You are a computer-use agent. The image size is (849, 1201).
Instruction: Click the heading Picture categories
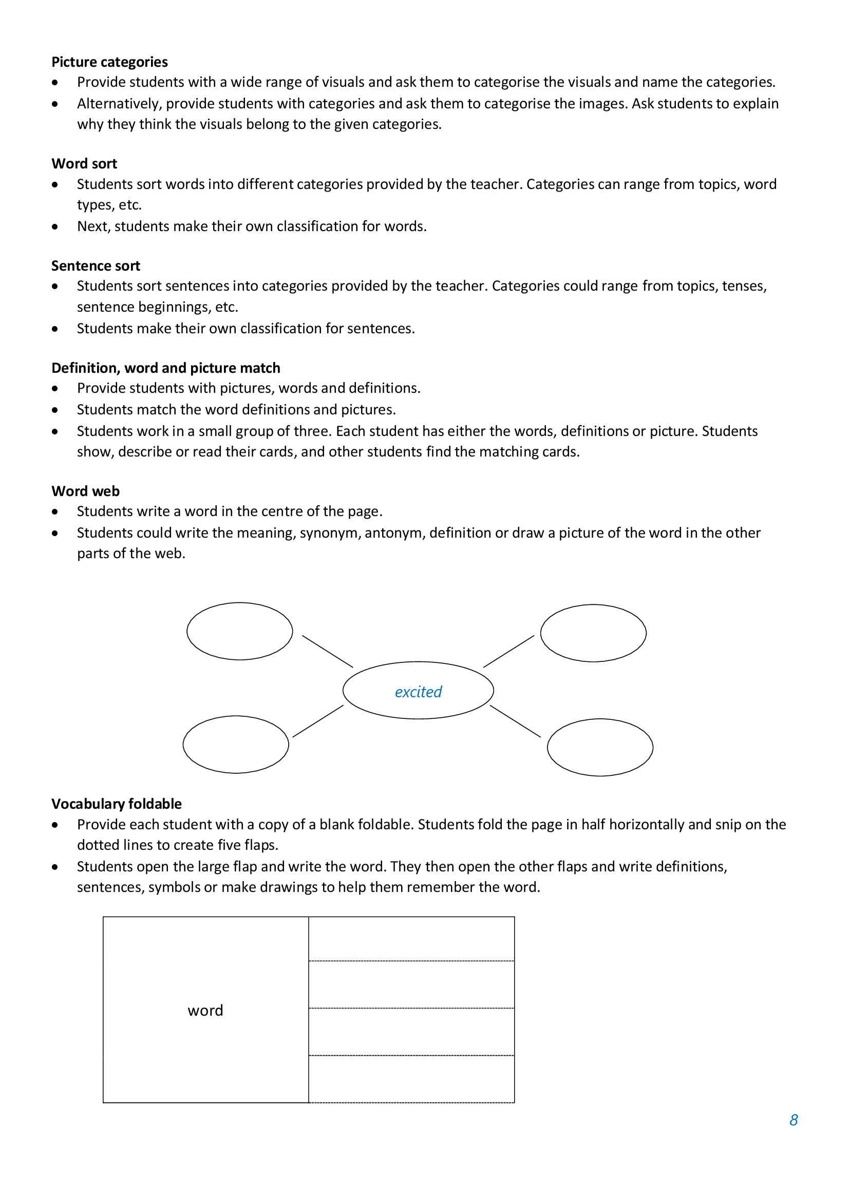[109, 62]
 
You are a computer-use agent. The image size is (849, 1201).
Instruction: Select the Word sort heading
[84, 164]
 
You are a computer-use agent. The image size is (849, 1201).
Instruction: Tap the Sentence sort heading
[96, 266]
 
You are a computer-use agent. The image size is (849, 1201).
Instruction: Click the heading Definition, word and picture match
[166, 368]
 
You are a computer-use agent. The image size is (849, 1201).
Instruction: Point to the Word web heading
[86, 491]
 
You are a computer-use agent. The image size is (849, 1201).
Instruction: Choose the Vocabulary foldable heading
[117, 804]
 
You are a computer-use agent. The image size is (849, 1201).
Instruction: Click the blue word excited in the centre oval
[418, 692]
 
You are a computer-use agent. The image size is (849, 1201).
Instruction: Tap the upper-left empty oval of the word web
[239, 631]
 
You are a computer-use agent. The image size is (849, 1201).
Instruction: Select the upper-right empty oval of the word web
[593, 633]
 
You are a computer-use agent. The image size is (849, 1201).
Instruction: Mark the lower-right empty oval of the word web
[600, 747]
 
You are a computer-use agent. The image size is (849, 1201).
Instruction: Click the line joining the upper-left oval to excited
[328, 651]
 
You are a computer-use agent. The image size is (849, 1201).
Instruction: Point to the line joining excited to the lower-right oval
[515, 721]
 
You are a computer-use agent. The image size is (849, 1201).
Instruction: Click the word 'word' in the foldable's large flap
[205, 1010]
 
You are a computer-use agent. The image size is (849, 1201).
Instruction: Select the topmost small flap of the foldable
[411, 939]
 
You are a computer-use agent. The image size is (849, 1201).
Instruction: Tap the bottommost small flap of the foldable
[411, 1079]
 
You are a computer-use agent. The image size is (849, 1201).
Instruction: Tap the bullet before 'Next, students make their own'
[55, 226]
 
